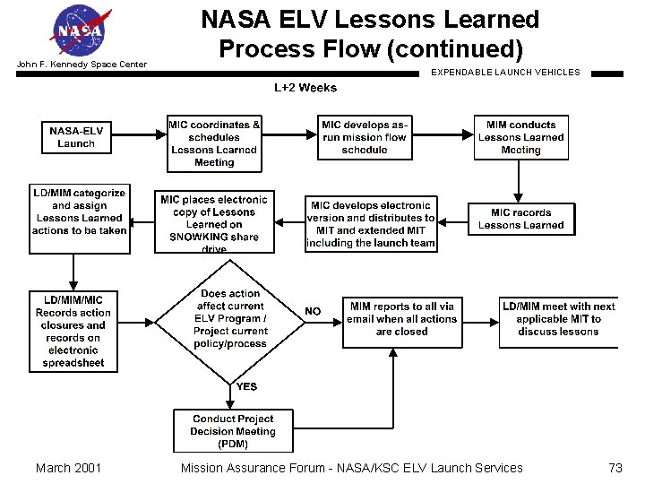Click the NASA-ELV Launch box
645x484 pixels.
(x=76, y=137)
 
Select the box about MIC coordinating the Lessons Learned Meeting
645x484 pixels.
(x=214, y=143)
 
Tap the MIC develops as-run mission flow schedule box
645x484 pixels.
(x=365, y=137)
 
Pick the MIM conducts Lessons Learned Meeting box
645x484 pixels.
(x=520, y=137)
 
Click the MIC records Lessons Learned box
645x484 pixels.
(x=520, y=219)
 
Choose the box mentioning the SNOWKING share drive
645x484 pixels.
(x=214, y=222)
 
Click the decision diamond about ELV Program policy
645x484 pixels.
(x=230, y=319)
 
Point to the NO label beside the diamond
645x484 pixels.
(x=313, y=311)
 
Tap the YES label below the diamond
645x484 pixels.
(x=246, y=386)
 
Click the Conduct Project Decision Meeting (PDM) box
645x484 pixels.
(x=232, y=430)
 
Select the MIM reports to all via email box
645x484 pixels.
(x=401, y=319)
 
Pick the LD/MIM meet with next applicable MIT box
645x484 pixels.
(x=559, y=319)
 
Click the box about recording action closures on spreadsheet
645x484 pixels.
(x=73, y=332)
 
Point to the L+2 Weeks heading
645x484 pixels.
(x=305, y=88)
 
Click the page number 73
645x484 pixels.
(x=615, y=467)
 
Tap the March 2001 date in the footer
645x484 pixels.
(x=68, y=467)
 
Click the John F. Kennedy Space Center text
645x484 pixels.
(x=81, y=65)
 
